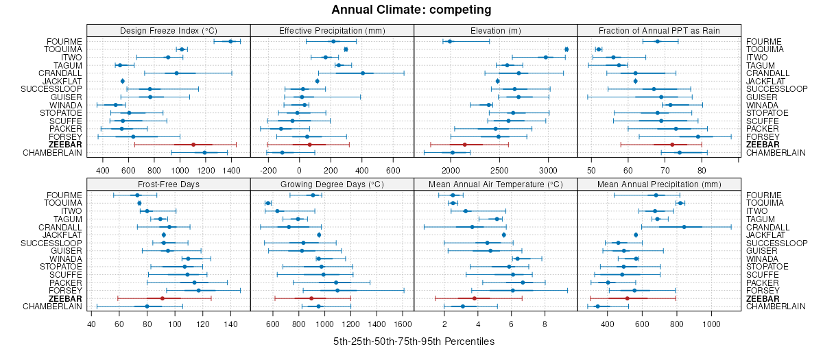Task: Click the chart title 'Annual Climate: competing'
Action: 411,10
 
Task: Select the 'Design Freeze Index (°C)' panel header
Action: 169,30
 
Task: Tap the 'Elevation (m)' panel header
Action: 496,30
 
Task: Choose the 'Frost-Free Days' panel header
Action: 169,184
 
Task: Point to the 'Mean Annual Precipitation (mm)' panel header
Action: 659,184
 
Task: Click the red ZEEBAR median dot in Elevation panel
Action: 464,145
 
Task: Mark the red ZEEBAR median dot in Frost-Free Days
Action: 162,298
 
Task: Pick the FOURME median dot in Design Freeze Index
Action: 230,42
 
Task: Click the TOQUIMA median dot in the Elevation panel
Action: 566,49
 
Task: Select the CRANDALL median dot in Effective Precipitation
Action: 362,73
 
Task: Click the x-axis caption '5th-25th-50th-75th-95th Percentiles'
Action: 414,341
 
